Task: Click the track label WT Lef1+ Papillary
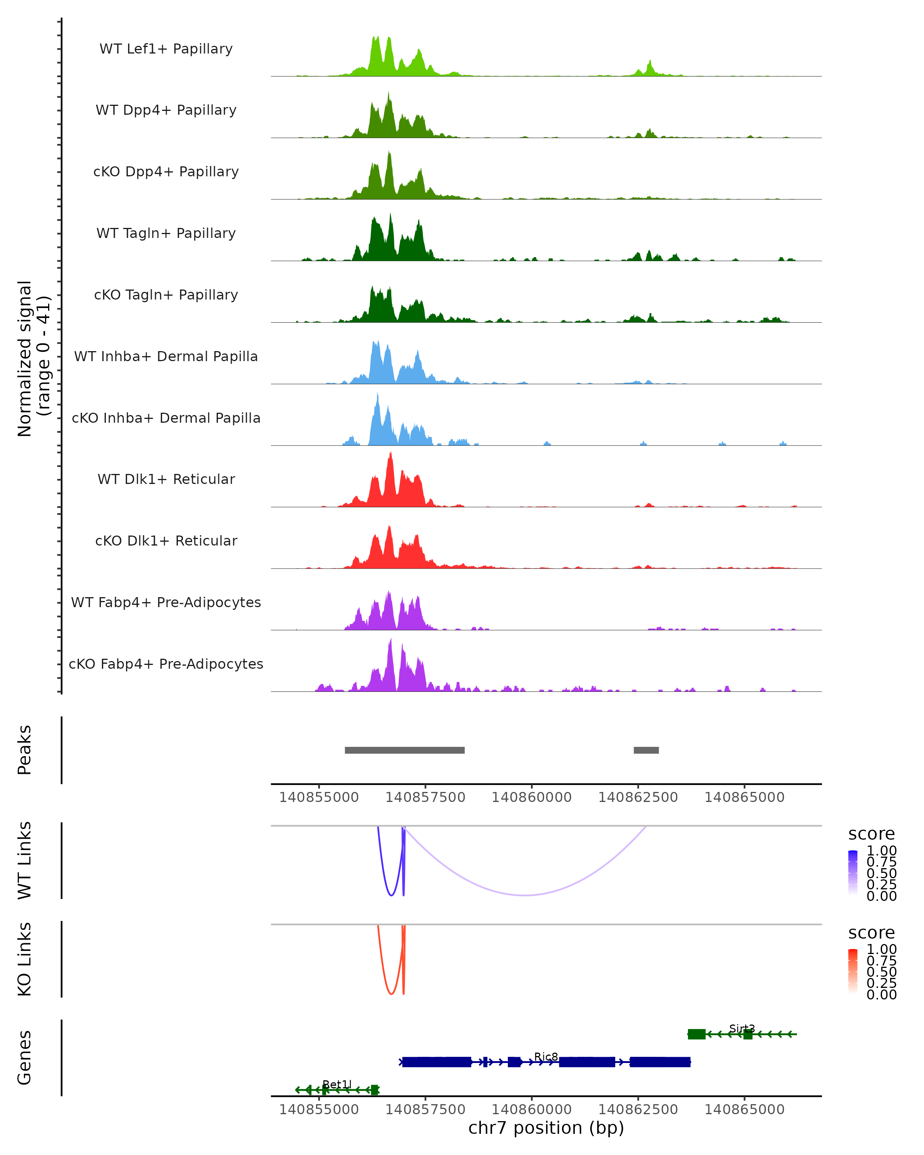(x=166, y=49)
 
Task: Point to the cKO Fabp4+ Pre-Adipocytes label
(x=166, y=664)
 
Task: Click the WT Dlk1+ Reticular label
(x=166, y=479)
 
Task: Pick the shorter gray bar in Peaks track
(x=646, y=750)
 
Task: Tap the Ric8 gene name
(x=546, y=1056)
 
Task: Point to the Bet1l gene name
(x=337, y=1084)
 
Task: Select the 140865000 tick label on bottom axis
(x=744, y=1110)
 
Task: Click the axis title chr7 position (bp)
(x=546, y=1128)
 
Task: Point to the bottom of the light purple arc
(x=525, y=895)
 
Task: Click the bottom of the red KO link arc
(x=392, y=994)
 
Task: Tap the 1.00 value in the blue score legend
(x=881, y=851)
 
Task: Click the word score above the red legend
(x=872, y=933)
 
